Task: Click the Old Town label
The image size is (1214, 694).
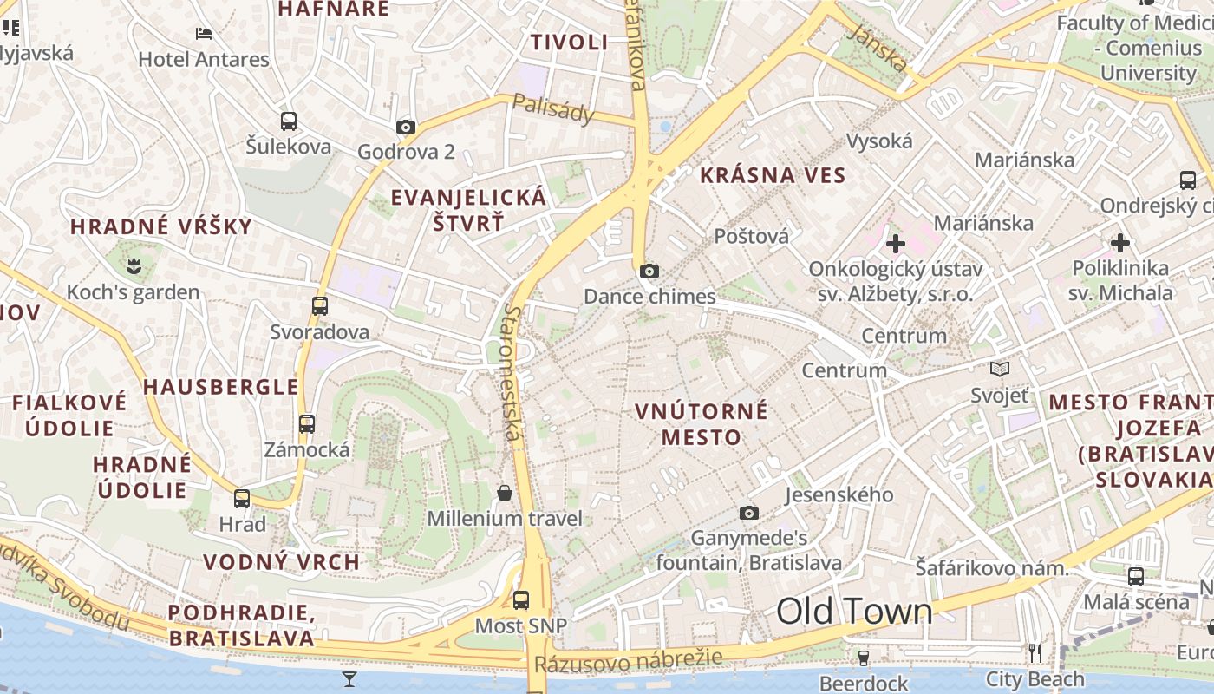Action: click(x=854, y=612)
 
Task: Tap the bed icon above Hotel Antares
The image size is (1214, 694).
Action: click(x=204, y=34)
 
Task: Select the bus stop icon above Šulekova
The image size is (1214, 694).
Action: click(x=289, y=121)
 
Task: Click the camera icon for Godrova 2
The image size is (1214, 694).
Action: click(x=405, y=127)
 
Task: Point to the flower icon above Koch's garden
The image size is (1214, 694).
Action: click(x=134, y=263)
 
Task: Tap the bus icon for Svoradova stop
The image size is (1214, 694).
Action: click(x=320, y=305)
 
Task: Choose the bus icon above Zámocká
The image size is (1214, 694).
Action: click(x=307, y=423)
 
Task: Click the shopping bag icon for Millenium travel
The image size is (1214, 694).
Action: click(x=505, y=493)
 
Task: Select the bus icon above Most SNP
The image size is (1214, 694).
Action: click(x=521, y=599)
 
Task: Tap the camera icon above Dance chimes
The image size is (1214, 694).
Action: click(x=649, y=271)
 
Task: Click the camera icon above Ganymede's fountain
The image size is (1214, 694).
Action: click(x=749, y=513)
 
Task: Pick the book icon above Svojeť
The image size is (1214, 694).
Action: click(x=1000, y=370)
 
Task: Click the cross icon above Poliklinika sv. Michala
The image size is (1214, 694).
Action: click(x=1120, y=242)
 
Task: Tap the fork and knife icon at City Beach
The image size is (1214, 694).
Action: click(x=1035, y=652)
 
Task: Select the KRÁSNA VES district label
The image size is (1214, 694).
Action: click(x=773, y=175)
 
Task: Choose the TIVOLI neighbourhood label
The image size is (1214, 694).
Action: click(x=569, y=42)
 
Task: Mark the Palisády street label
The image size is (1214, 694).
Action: click(x=553, y=108)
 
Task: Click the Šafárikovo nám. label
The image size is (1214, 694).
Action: click(x=992, y=569)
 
